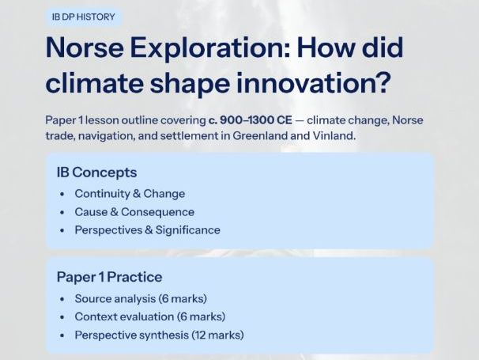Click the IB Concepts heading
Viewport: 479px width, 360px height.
click(96, 172)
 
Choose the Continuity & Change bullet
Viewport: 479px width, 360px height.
click(130, 194)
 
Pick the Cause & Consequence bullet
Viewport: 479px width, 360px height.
click(134, 212)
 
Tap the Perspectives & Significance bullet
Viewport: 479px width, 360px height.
click(147, 230)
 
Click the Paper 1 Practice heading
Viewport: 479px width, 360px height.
click(109, 277)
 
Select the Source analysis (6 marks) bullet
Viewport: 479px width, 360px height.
click(141, 298)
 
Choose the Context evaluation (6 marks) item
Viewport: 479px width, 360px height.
click(149, 316)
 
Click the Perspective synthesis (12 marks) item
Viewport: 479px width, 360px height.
click(159, 335)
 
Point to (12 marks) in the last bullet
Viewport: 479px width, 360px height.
click(217, 335)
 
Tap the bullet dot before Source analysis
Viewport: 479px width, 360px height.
click(62, 299)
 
